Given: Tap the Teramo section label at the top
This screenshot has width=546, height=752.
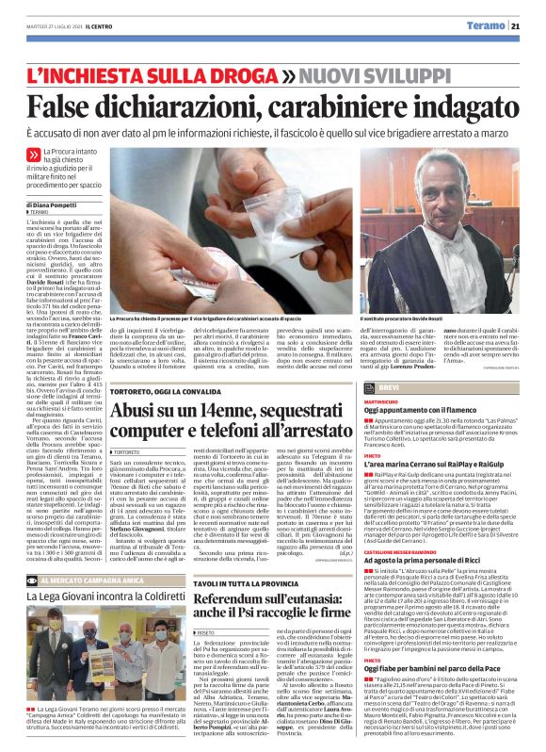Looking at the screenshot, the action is coord(486,25).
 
